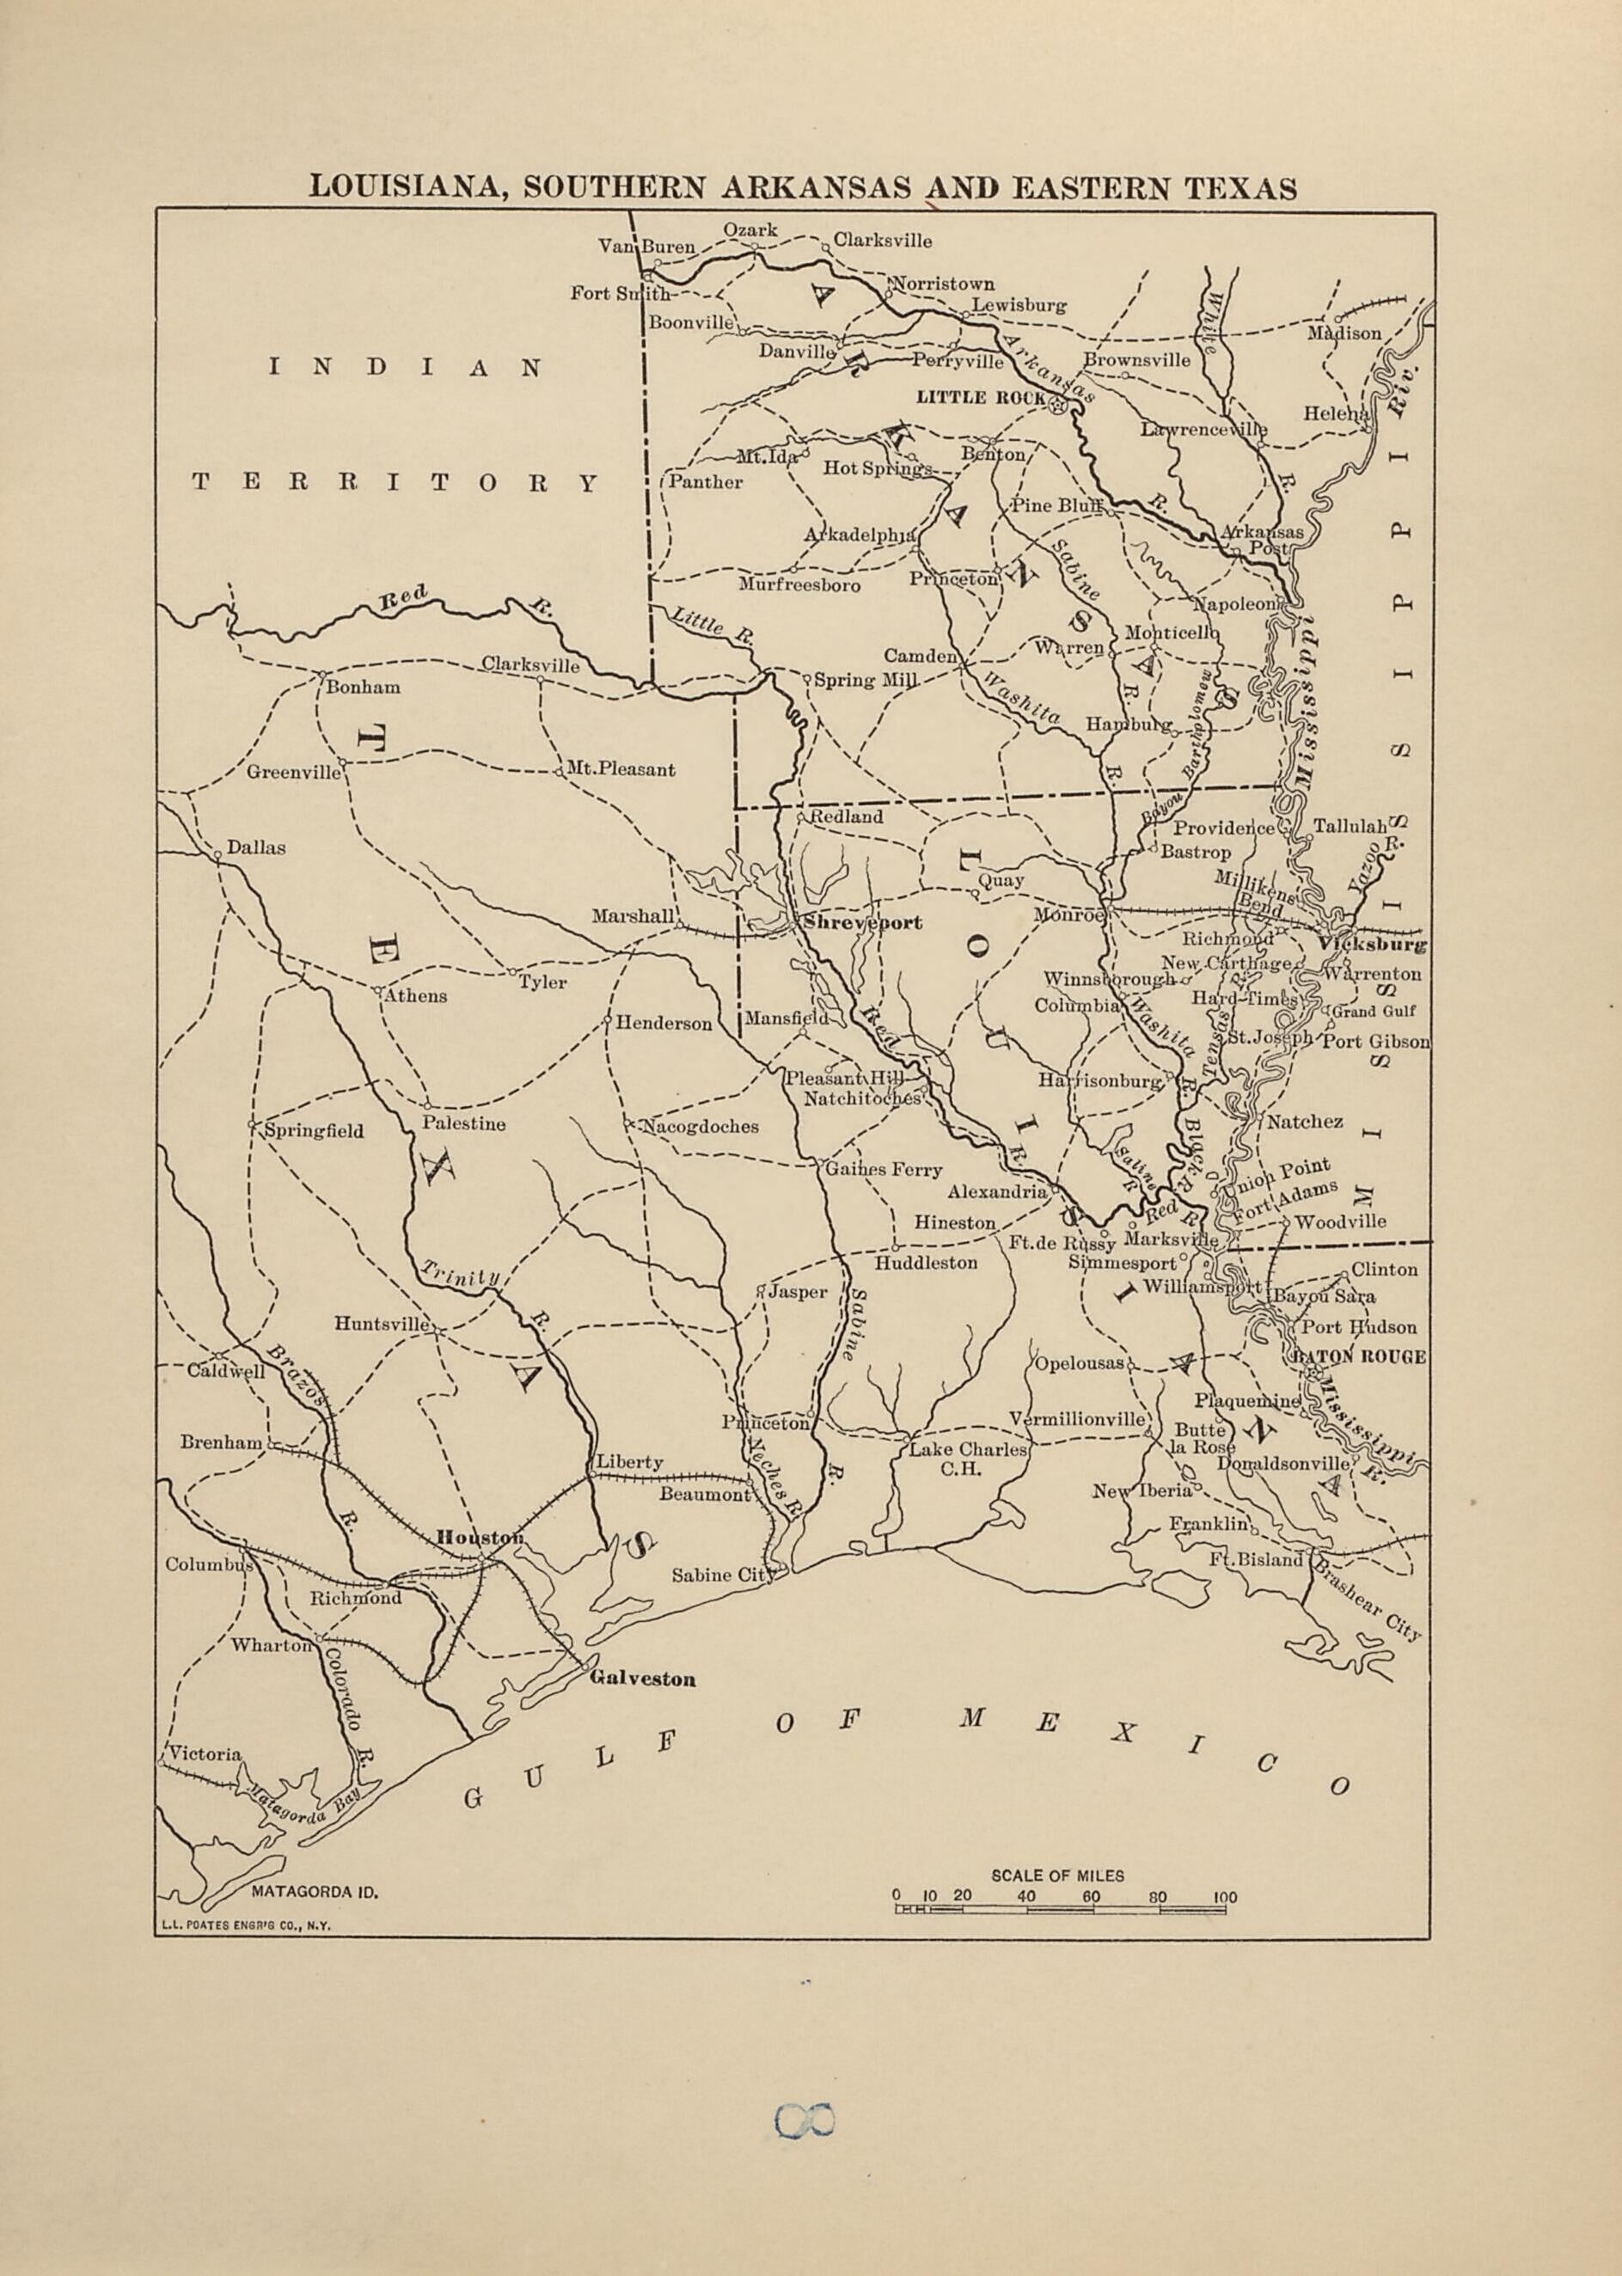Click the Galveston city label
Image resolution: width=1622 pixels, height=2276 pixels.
(642, 1678)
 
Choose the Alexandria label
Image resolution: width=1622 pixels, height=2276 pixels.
(997, 1191)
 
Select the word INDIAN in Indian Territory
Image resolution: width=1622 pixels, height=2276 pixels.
(405, 368)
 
